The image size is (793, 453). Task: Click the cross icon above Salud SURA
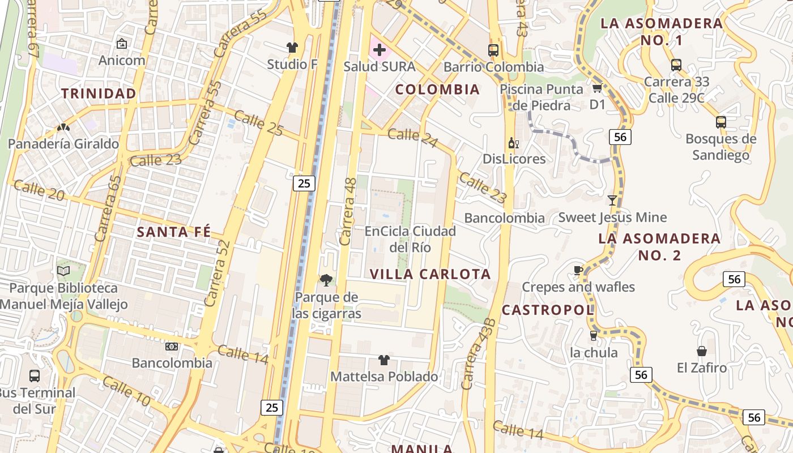tap(380, 50)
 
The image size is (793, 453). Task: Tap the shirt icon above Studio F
tap(292, 48)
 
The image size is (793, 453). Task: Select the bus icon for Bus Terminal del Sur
tap(34, 375)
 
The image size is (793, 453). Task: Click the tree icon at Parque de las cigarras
tap(326, 280)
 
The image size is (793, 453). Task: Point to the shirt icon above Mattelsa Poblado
tap(383, 360)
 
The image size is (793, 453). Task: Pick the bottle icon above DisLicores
tap(513, 143)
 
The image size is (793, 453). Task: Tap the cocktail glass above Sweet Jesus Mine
tap(612, 200)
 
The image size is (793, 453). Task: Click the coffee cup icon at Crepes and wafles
tap(578, 270)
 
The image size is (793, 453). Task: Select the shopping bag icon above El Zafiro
tap(701, 351)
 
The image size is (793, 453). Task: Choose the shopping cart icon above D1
tap(597, 88)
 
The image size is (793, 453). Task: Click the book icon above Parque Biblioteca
tap(63, 271)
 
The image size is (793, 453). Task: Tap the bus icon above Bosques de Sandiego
tap(720, 122)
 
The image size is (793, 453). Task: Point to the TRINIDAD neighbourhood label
tap(99, 93)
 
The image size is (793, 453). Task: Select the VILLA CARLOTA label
tap(430, 274)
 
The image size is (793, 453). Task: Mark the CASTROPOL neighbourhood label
tap(548, 310)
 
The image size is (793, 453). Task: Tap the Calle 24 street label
tap(412, 136)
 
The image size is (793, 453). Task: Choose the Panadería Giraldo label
tap(63, 144)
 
